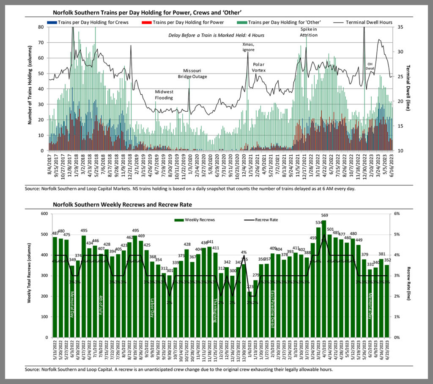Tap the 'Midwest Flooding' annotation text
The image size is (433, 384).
164,95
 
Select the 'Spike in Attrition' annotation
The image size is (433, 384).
309,32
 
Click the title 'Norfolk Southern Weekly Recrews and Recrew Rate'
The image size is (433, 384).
122,205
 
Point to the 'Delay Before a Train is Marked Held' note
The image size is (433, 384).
216,35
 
